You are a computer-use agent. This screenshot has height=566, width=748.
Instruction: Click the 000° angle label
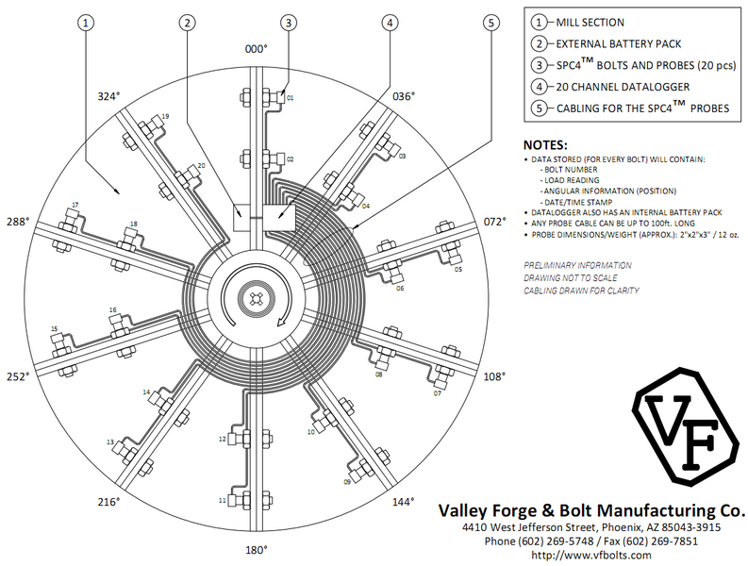[257, 49]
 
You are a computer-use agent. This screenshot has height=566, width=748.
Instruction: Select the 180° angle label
[257, 549]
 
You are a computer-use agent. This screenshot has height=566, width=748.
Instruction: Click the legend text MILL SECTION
[590, 23]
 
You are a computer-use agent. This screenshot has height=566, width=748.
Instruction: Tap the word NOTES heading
[547, 145]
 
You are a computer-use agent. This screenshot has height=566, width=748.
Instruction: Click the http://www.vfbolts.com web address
[591, 556]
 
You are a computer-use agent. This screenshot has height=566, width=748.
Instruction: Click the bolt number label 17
[75, 205]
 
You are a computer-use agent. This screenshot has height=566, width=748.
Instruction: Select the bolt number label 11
[223, 500]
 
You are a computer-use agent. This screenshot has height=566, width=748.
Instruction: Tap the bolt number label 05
[458, 270]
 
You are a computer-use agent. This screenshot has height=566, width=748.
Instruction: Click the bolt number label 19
[166, 116]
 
